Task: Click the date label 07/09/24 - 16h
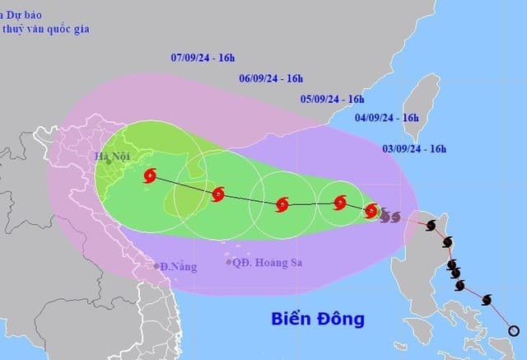pos(203,58)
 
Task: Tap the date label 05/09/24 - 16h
pos(332,99)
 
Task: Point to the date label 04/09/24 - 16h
pos(387,118)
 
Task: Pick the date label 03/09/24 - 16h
pos(414,149)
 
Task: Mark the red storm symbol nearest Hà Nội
pos(150,175)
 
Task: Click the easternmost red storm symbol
pos(371,210)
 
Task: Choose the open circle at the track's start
pos(514,331)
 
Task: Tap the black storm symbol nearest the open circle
pos(487,300)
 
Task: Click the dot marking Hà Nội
pos(109,161)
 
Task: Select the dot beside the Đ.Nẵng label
pos(156,266)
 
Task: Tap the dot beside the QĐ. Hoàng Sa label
pos(229,263)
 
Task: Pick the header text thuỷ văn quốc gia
pos(45,30)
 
